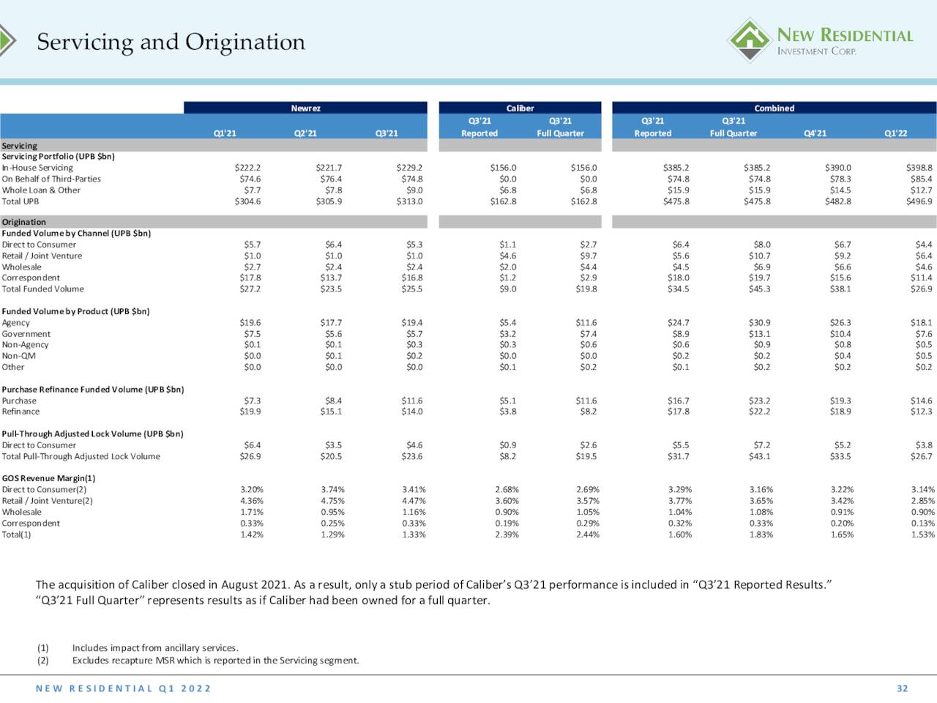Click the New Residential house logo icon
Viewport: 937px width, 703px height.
[750, 40]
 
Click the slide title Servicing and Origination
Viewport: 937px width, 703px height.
[171, 42]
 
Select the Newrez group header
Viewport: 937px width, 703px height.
[306, 108]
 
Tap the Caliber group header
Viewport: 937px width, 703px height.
[520, 108]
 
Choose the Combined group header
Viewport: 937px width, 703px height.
[774, 108]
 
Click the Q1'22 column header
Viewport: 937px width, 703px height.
[895, 133]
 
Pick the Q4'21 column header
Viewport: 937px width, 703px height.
[815, 133]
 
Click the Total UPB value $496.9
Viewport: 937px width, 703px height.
[919, 201]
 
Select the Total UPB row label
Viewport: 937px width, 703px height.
[20, 201]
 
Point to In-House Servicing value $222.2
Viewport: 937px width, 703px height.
[247, 168]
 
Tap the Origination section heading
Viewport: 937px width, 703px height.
[23, 222]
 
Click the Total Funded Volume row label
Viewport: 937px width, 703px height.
[42, 289]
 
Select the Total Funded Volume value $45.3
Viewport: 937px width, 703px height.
[759, 289]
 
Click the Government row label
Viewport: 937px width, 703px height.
[26, 334]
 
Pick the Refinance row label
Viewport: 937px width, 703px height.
[20, 412]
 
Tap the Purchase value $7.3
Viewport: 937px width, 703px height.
[253, 401]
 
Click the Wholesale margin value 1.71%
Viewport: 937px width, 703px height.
[251, 512]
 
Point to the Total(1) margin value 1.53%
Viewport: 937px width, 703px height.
[923, 535]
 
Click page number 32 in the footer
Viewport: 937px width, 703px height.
[903, 688]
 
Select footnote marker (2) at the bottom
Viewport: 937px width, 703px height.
[42, 661]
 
